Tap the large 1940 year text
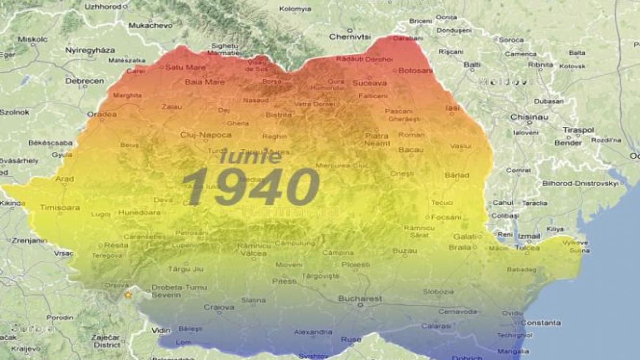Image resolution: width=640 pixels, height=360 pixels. (251, 187)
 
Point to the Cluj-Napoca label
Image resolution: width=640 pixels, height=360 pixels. (206, 135)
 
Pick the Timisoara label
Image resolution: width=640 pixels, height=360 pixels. (60, 207)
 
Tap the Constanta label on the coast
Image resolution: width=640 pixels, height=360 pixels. (540, 323)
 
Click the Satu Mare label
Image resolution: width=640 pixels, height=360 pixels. (185, 68)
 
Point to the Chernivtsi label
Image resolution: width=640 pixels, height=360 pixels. (350, 37)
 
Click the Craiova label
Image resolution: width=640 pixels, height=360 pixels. (219, 307)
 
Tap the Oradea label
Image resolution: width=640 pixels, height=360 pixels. (101, 114)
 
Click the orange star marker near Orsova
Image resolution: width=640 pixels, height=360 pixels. (127, 294)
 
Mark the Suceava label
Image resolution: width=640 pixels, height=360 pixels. (370, 83)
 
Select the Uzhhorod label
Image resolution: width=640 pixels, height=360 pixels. (103, 6)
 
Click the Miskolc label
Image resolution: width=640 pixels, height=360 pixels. (33, 39)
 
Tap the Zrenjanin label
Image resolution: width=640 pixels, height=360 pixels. (29, 241)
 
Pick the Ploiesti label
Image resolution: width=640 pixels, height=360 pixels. (356, 264)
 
